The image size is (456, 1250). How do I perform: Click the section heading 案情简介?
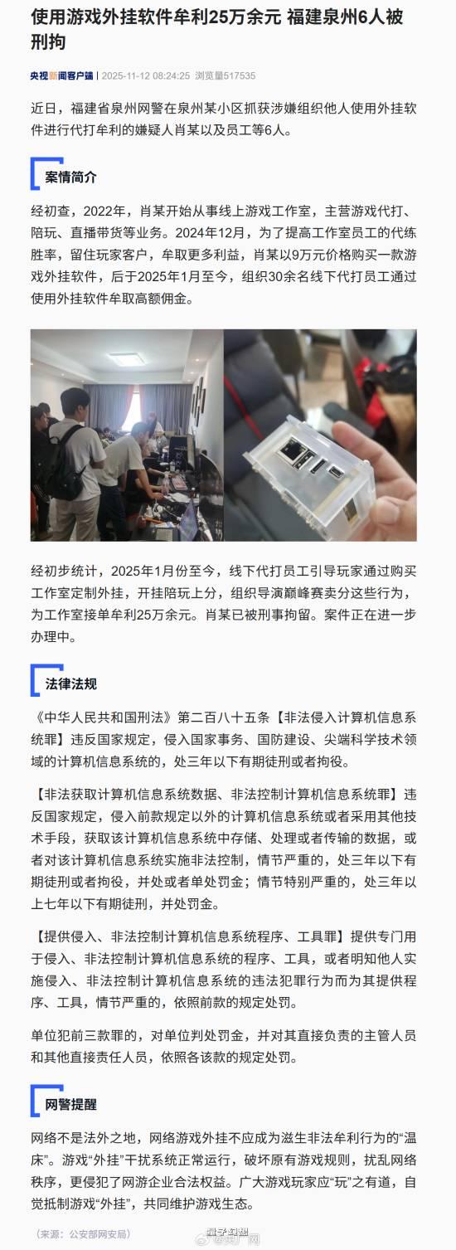coord(70,178)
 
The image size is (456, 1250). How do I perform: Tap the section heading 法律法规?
coord(70,683)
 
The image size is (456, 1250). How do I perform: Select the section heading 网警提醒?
coord(70,1104)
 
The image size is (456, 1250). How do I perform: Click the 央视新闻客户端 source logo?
coord(62,75)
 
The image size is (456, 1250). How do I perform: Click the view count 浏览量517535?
coord(226,75)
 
